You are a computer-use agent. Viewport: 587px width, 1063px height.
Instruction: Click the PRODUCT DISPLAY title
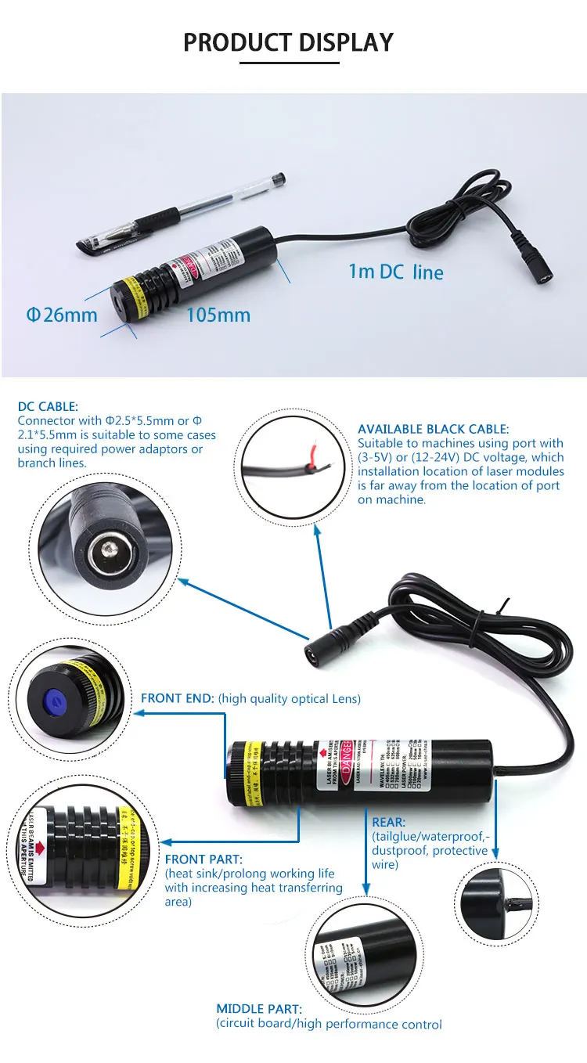(288, 41)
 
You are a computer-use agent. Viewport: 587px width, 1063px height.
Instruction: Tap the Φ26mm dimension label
(62, 315)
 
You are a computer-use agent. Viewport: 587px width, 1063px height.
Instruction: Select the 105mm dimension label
(218, 315)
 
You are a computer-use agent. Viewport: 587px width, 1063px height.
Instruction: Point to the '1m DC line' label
(396, 272)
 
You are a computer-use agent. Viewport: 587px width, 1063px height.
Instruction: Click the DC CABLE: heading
(48, 406)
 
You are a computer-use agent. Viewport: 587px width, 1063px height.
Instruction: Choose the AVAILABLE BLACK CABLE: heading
(433, 429)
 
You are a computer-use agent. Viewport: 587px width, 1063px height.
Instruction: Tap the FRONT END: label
(176, 698)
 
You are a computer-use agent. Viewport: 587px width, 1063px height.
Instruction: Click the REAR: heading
(389, 822)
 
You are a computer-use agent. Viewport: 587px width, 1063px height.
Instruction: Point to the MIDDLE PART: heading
(259, 1009)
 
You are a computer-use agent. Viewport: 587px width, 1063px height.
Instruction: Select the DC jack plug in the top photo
(538, 275)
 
